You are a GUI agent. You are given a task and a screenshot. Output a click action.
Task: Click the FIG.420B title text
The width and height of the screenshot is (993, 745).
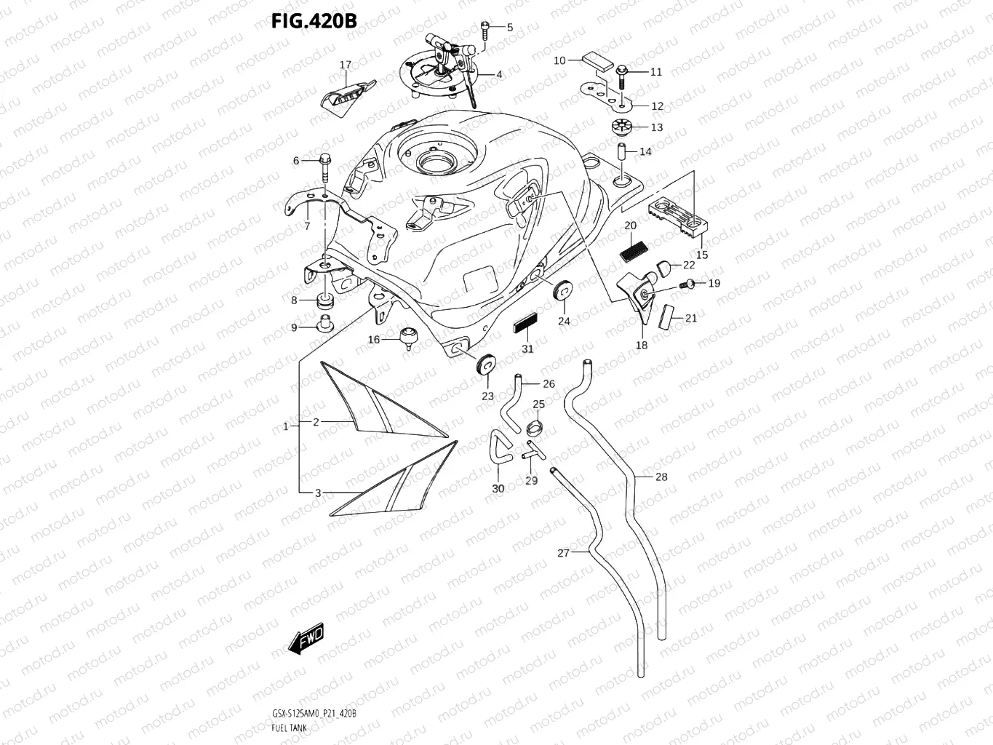(314, 21)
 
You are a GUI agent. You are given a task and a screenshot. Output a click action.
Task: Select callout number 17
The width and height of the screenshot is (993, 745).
(346, 65)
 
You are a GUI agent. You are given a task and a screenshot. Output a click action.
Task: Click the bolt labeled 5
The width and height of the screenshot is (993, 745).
(485, 30)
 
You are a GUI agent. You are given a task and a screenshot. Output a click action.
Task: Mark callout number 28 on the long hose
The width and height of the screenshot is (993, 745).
(661, 477)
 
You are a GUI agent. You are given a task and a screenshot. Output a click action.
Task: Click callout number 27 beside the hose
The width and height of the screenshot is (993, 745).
(564, 553)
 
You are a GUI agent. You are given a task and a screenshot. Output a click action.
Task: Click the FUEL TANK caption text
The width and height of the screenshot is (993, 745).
(289, 728)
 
